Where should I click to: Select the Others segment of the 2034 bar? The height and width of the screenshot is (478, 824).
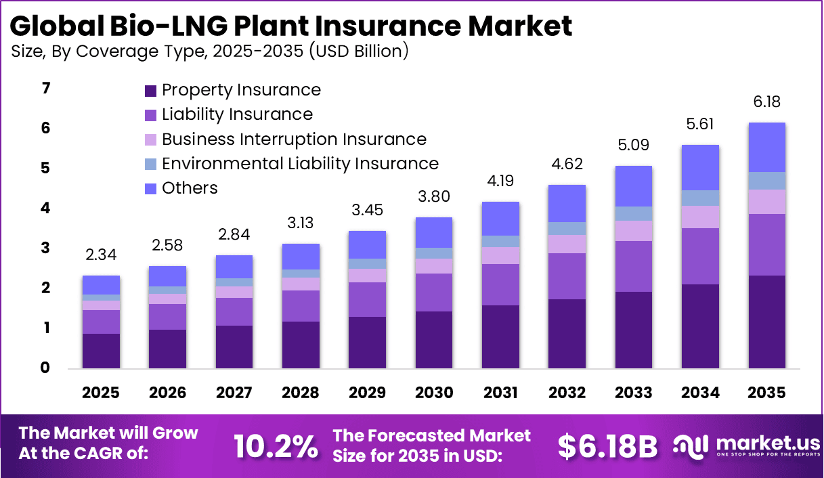700,167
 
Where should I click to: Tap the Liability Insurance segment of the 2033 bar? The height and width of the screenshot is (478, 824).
634,266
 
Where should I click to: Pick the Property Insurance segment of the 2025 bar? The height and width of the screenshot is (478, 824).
102,351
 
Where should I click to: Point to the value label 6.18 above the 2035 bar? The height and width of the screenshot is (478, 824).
766,102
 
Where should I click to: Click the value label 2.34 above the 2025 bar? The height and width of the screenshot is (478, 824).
102,255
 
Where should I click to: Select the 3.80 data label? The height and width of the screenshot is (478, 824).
433,197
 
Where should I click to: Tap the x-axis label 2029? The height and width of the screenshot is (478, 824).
367,393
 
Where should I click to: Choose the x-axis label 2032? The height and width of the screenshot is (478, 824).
567,393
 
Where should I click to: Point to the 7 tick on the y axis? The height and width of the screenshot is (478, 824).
45,89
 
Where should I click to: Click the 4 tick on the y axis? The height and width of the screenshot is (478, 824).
45,209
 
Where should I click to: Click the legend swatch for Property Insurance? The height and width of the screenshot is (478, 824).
150,91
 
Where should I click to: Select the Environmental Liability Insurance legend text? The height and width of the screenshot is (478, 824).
300,164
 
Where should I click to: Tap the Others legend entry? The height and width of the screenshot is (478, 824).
190,188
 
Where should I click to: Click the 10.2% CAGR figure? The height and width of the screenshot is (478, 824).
276,446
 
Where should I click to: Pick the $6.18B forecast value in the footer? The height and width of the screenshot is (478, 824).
608,446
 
